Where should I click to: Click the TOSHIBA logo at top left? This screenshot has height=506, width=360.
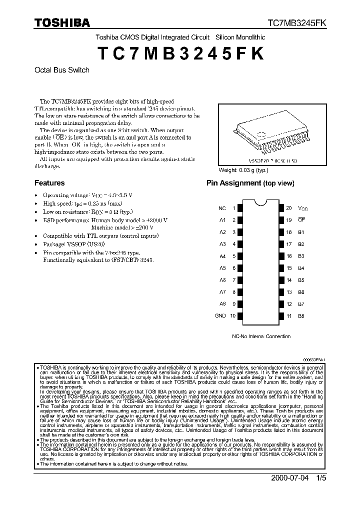62,22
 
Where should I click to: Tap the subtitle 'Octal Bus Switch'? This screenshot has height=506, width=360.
61,70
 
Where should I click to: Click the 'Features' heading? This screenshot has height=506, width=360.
49,183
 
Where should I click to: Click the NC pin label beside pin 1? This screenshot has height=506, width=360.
222,207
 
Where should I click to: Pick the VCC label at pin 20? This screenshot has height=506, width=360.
303,208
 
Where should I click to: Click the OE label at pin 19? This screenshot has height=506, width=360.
301,219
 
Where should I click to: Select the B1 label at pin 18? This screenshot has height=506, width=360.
301,232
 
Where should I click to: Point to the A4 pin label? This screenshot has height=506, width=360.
222,256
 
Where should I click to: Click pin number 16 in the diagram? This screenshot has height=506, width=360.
289,256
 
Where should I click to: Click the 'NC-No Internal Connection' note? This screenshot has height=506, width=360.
261,336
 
